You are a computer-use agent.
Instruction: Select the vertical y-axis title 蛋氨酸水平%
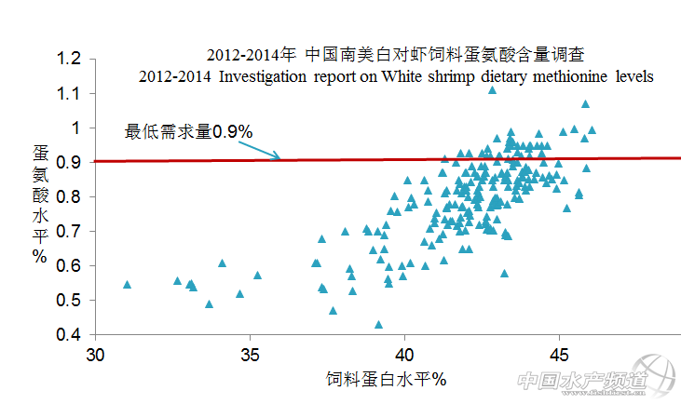coord(41,204)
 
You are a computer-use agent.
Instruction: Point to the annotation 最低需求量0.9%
coord(189,132)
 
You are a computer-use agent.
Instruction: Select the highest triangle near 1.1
coord(493,89)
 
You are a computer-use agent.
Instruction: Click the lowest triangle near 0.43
coord(378,325)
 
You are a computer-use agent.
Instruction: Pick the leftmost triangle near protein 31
coord(128,284)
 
